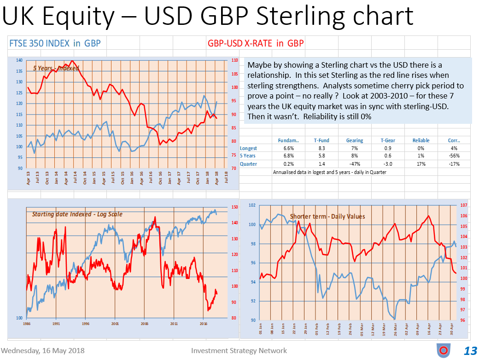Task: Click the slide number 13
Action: coord(470,351)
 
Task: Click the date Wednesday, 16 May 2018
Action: coord(40,351)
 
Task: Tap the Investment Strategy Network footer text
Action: coord(239,351)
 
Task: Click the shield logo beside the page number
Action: coord(443,350)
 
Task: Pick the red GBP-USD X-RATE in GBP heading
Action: coord(256,44)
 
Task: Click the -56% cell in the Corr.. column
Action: coord(454,156)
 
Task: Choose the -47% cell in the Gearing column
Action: coord(354,164)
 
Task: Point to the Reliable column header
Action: coord(421,140)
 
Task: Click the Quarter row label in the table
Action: coord(249,164)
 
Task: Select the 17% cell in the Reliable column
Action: coord(421,164)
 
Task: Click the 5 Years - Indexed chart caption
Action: coord(56,68)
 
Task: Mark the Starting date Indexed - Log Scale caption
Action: coord(77,214)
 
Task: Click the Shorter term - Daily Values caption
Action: coord(327,216)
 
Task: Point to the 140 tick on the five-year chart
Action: coord(20,60)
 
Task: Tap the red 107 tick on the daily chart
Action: coord(463,205)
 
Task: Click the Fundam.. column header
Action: coord(289,140)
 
